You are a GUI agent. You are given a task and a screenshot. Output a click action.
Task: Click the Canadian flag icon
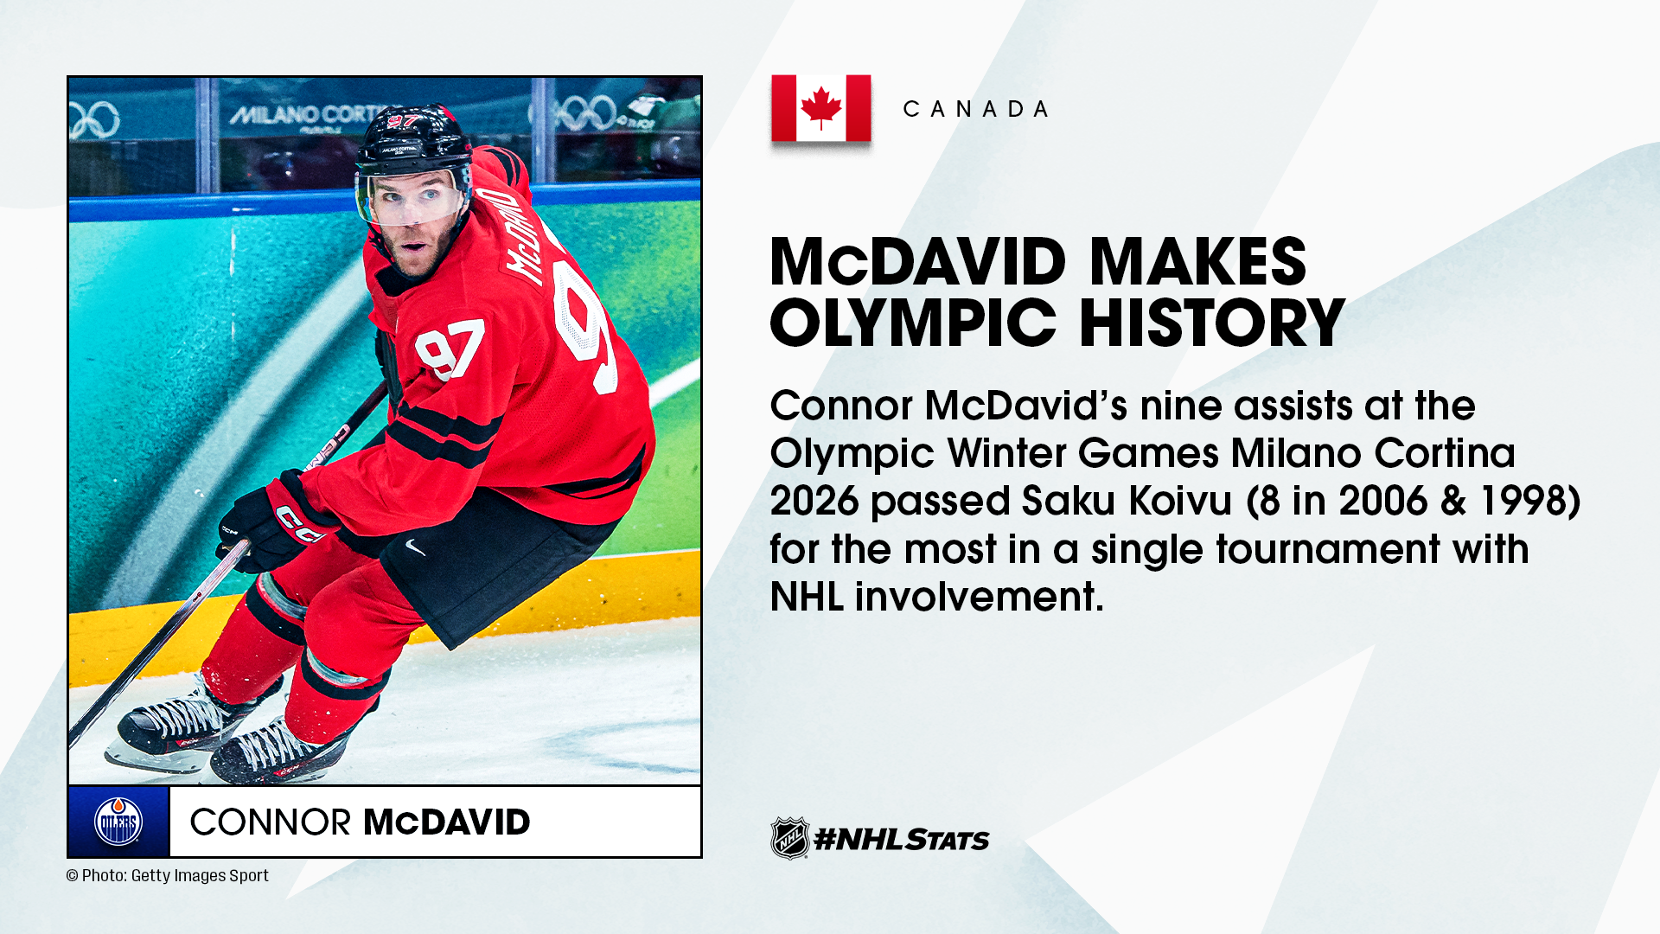pyautogui.click(x=820, y=108)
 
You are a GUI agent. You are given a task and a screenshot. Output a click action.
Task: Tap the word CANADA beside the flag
pyautogui.click(x=976, y=109)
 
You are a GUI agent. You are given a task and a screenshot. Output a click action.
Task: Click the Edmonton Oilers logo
pyautogui.click(x=118, y=822)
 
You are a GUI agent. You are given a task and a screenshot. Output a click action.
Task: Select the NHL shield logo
pyautogui.click(x=789, y=838)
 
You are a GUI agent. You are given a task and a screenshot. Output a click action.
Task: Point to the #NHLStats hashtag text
pyautogui.click(x=902, y=839)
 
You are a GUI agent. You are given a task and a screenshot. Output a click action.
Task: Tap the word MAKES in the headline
pyautogui.click(x=1197, y=261)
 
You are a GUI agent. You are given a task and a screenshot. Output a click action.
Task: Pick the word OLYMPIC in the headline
pyautogui.click(x=913, y=323)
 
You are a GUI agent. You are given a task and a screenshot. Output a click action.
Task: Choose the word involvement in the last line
pyautogui.click(x=979, y=597)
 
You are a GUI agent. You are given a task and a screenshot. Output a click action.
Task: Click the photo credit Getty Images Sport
pyautogui.click(x=200, y=875)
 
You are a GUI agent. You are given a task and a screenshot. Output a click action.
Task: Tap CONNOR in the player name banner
pyautogui.click(x=270, y=822)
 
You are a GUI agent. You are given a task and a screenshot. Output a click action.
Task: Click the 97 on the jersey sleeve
pyautogui.click(x=449, y=349)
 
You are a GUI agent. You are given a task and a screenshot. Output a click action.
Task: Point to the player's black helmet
pyautogui.click(x=413, y=142)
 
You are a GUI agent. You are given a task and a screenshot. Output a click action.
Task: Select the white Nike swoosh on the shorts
pyautogui.click(x=416, y=547)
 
